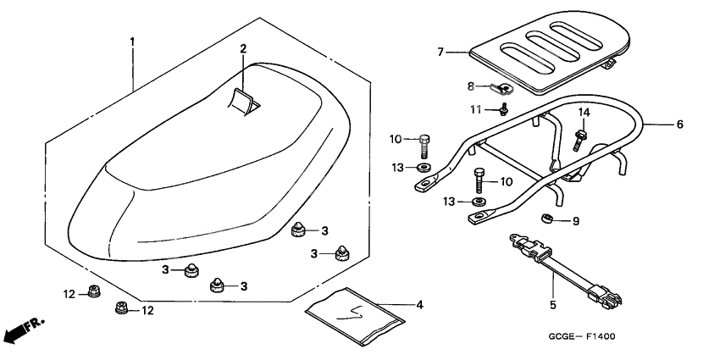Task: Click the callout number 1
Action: coord(131,41)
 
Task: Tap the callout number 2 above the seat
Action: coord(242,49)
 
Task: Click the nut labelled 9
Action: coord(546,219)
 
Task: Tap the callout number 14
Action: coord(583,112)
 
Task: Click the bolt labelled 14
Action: coord(580,137)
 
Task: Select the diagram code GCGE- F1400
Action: coord(581,336)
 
